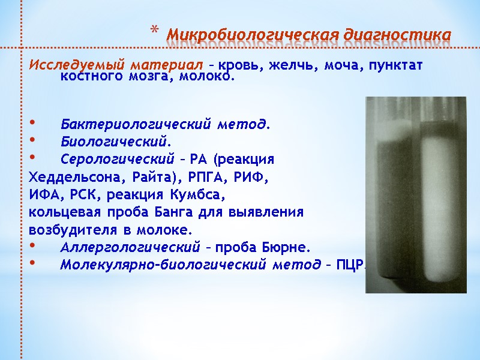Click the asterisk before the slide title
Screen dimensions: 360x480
click(x=154, y=30)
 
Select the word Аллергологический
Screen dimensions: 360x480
click(x=130, y=247)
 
